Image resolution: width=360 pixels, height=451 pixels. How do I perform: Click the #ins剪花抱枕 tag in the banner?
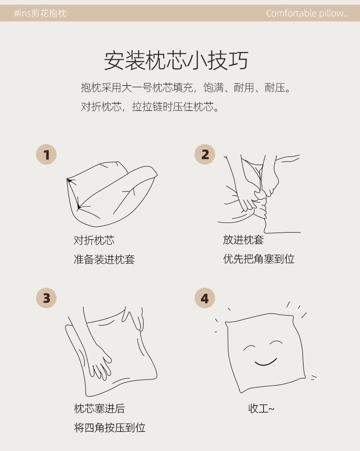(40, 13)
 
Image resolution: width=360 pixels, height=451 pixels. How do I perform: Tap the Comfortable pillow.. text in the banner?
(307, 13)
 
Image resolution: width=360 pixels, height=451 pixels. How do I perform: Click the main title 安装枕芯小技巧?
(176, 60)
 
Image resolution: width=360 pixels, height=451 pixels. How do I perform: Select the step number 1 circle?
(46, 155)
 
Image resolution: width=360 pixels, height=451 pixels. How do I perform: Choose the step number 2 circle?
(205, 155)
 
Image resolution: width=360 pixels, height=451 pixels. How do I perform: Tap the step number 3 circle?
(46, 298)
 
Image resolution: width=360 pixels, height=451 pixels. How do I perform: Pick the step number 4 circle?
(205, 298)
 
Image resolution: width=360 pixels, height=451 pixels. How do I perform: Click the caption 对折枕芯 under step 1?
(94, 240)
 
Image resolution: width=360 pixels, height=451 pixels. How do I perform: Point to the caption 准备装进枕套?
(104, 259)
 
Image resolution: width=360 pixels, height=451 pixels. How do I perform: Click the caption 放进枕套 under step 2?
(243, 239)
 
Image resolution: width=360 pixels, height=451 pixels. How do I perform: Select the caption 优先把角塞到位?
(258, 259)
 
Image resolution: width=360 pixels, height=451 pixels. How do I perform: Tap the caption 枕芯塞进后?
(99, 409)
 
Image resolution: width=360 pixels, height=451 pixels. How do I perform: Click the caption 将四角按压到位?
(109, 428)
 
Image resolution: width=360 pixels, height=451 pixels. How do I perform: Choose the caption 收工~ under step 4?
(261, 409)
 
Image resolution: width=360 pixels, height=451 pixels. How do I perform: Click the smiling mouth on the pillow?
(266, 363)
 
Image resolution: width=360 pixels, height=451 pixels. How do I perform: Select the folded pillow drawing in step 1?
(112, 194)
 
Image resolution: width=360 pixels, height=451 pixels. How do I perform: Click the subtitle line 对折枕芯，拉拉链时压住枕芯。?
(150, 107)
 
